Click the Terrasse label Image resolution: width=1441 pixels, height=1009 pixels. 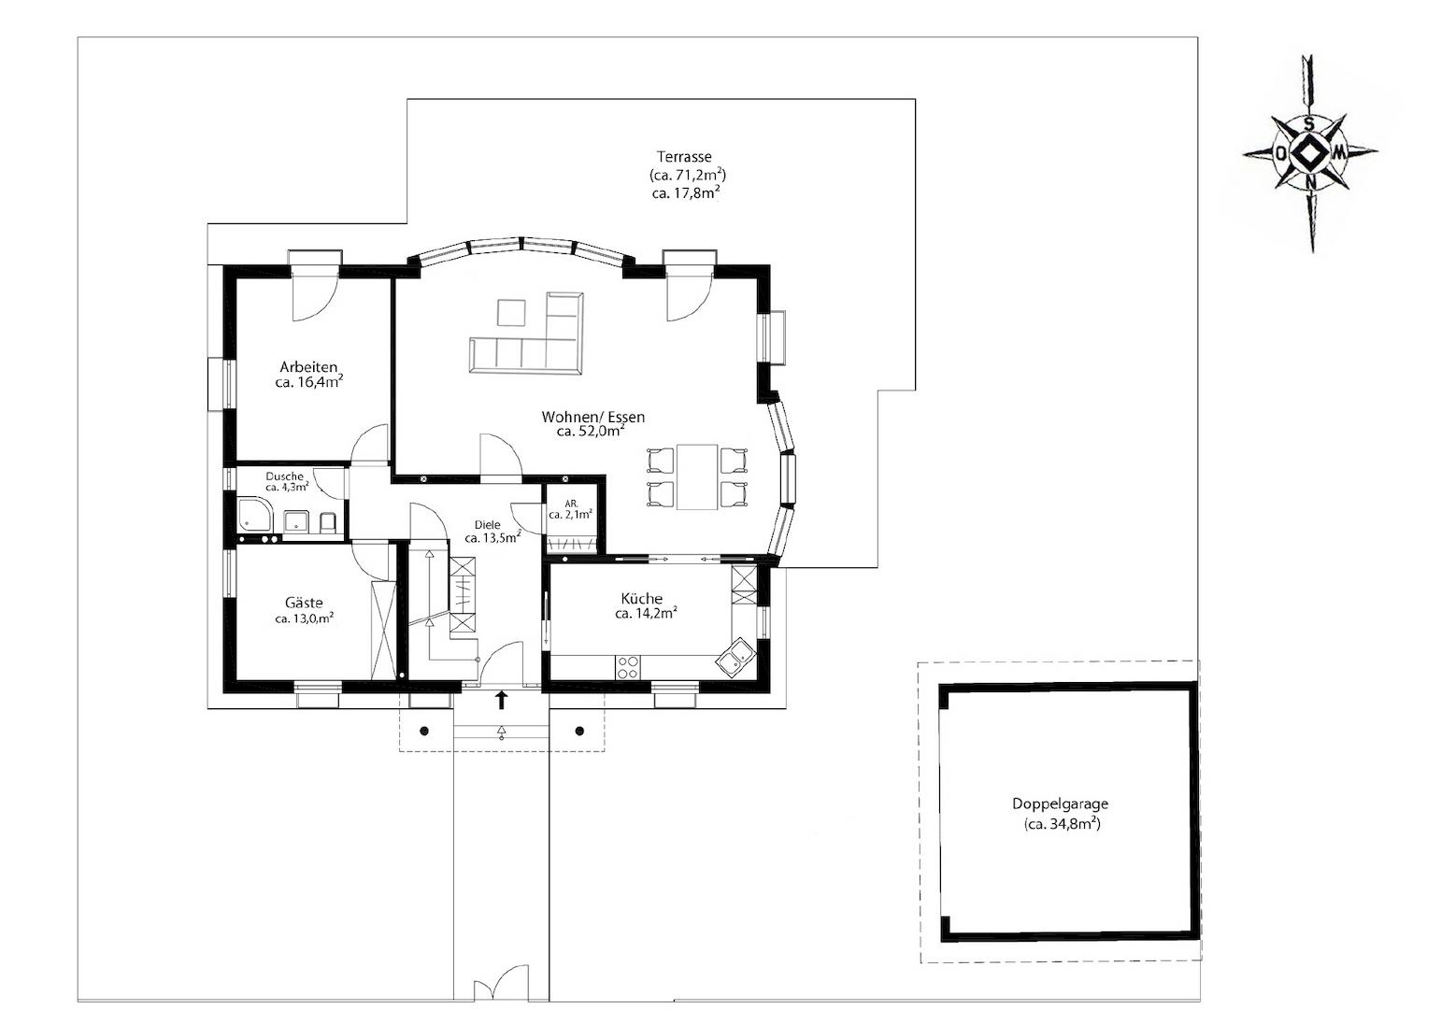[x=684, y=157]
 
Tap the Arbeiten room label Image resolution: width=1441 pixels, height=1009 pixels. [x=308, y=367]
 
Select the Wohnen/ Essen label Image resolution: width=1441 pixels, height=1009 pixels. [x=592, y=417]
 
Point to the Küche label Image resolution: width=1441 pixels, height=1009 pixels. [x=641, y=598]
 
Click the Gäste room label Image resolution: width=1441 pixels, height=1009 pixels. [x=304, y=603]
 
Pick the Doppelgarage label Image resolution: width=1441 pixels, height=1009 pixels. [x=1060, y=803]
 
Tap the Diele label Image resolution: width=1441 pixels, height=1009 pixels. [x=487, y=525]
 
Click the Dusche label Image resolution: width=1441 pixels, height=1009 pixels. [x=284, y=476]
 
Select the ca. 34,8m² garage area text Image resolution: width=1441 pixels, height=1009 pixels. [x=1063, y=824]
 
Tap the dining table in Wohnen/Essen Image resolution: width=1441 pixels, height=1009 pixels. [x=697, y=476]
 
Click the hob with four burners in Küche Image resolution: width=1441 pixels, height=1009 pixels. [x=627, y=667]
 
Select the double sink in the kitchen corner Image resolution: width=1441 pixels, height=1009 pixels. [x=735, y=657]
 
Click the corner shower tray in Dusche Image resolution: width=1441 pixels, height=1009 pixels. [x=255, y=515]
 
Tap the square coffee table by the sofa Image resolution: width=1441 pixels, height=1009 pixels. [x=511, y=313]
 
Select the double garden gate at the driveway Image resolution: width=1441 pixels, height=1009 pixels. [x=501, y=983]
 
